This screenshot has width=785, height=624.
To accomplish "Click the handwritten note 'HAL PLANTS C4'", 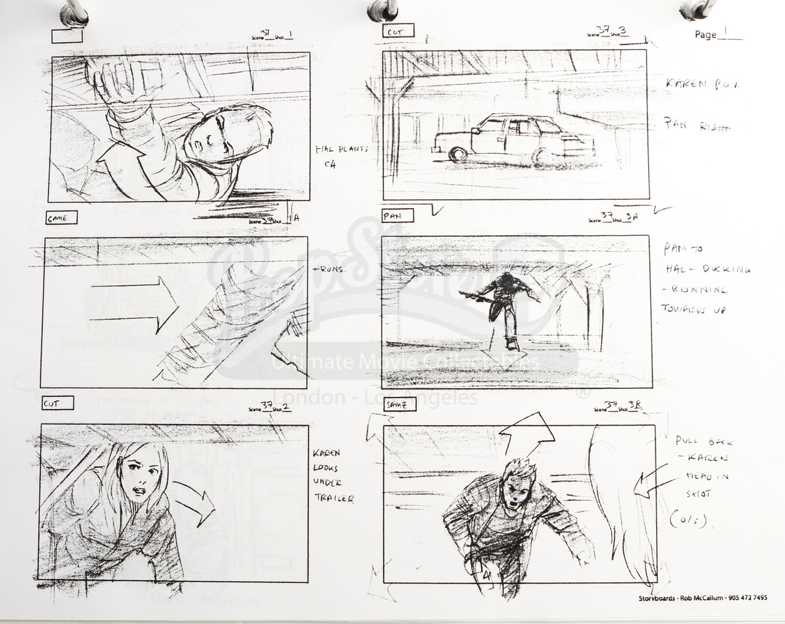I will click(341, 156).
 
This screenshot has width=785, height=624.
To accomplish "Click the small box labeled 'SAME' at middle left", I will click(60, 218).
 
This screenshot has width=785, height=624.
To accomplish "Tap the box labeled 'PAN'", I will click(398, 216).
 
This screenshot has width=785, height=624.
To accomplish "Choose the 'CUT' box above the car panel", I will click(398, 32).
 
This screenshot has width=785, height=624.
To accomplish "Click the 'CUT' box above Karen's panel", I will click(57, 403).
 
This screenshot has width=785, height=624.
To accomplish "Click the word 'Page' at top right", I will click(705, 35).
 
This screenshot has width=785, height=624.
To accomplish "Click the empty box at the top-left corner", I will click(68, 36).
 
